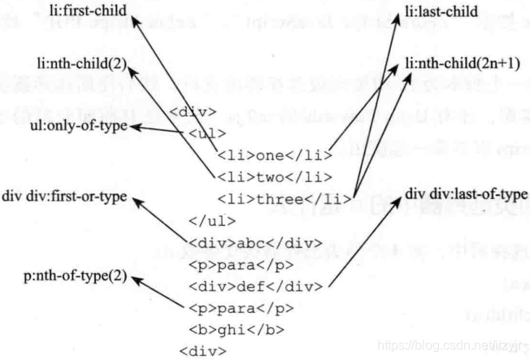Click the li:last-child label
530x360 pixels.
[x=441, y=12]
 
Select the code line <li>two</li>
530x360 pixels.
[x=274, y=176]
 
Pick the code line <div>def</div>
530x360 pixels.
[x=255, y=286]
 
